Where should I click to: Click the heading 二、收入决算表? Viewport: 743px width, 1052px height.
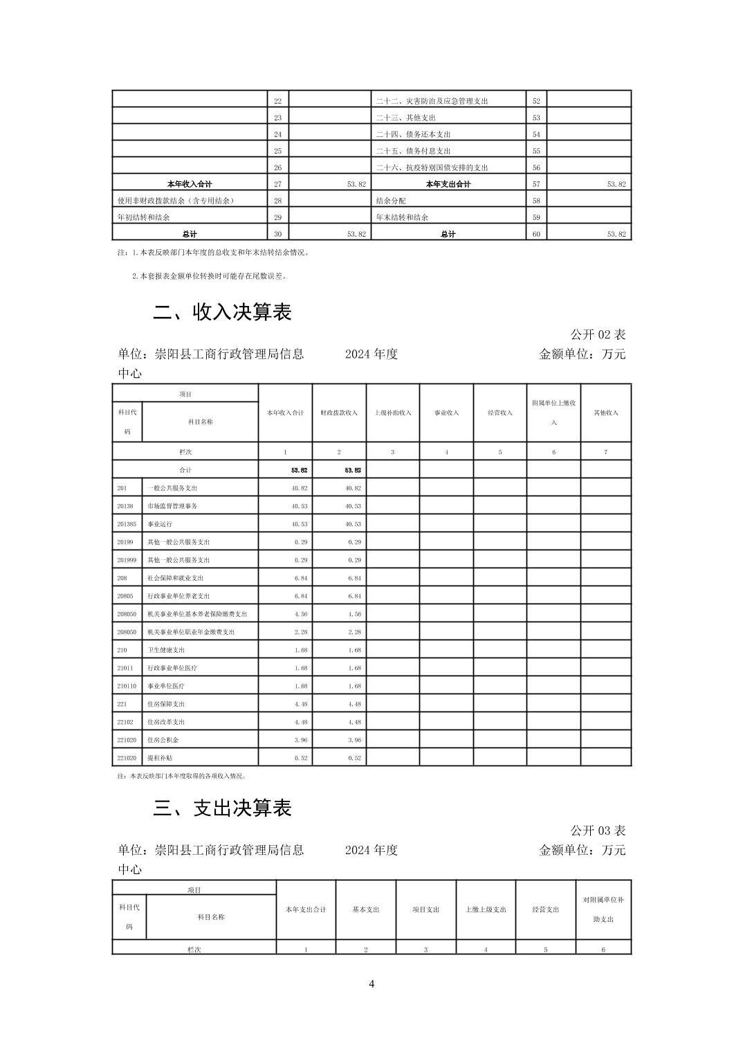222,312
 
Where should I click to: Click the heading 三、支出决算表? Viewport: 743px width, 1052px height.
222,808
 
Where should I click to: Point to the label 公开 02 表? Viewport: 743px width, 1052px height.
598,334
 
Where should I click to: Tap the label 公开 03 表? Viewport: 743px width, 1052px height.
598,830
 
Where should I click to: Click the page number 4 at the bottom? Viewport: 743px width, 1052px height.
371,983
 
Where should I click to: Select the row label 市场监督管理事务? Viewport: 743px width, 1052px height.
172,506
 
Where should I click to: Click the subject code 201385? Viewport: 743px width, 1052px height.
127,524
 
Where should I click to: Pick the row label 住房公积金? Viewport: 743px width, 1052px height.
163,740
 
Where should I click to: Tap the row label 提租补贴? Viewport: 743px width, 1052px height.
160,758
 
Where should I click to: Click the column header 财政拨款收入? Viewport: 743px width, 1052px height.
339,413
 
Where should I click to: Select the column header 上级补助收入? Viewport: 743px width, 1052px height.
393,413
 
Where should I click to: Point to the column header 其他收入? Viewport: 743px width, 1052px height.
606,413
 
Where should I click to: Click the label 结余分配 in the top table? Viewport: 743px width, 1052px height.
391,201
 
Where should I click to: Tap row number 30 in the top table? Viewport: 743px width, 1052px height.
278,234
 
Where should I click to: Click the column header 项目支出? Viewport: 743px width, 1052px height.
425,909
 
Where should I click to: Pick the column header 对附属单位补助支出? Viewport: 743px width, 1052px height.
603,909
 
